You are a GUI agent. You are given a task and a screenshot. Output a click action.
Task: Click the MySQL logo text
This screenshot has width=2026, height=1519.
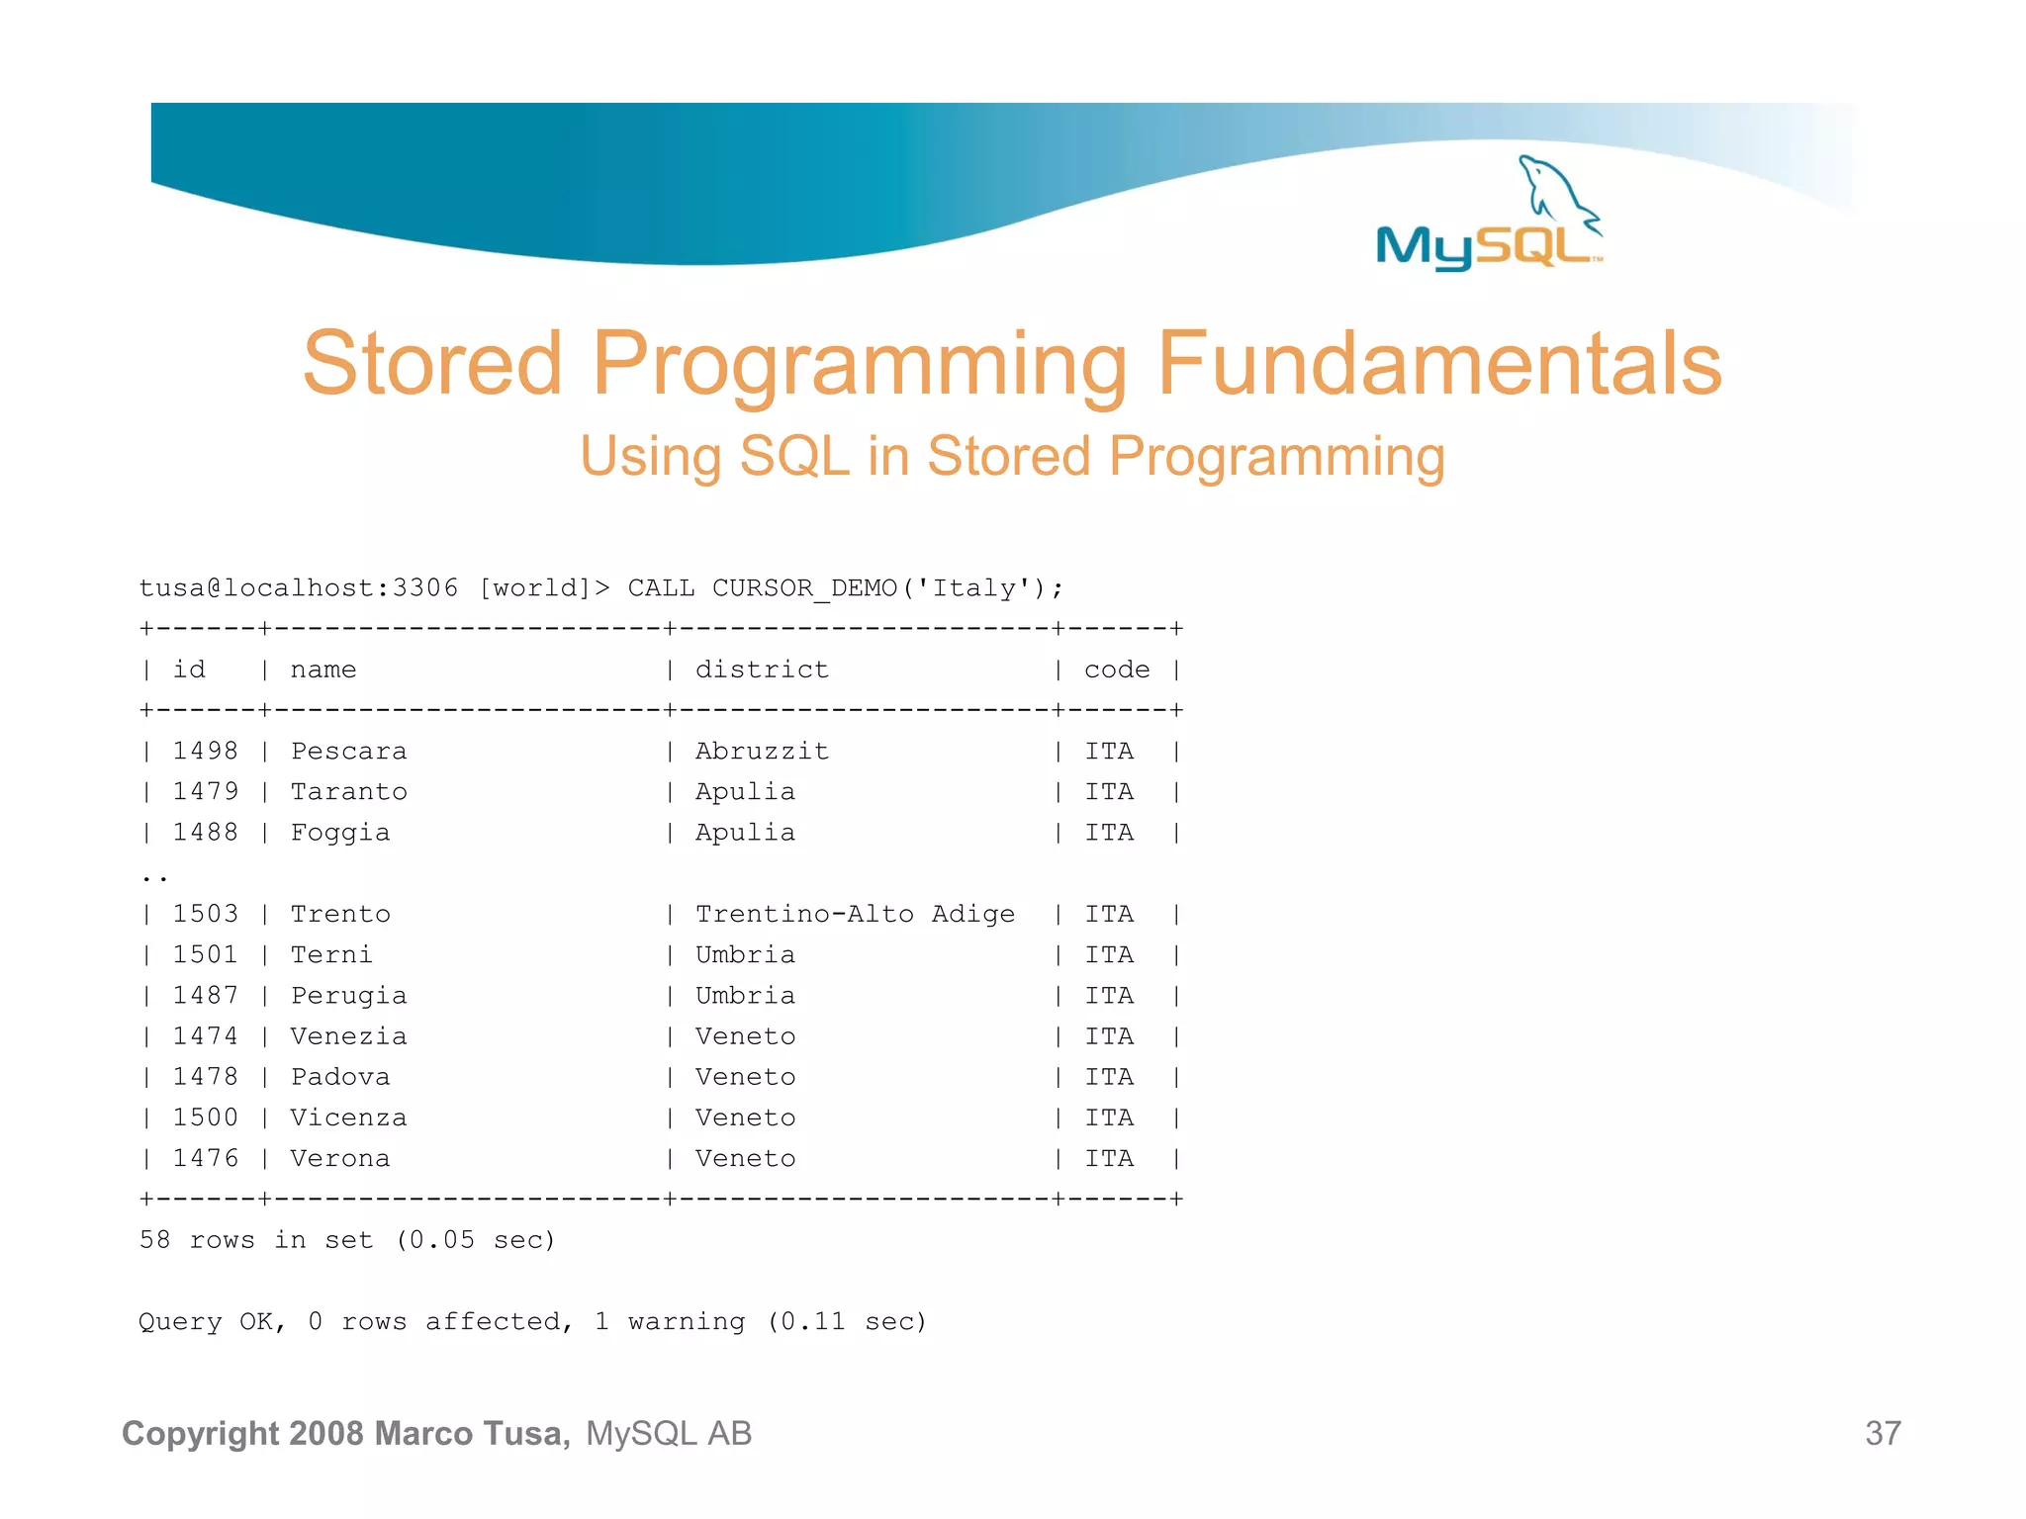point(1484,246)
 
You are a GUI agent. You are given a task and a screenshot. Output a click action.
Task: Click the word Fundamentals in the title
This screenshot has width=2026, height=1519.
point(1439,364)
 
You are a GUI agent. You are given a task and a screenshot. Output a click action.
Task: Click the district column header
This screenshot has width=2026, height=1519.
point(762,670)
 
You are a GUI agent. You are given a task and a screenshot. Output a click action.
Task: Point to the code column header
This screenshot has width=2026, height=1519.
point(1117,670)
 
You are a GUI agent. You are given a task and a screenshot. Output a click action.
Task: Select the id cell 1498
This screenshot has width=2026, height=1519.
point(206,751)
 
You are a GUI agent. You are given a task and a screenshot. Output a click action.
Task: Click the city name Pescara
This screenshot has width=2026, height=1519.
point(348,751)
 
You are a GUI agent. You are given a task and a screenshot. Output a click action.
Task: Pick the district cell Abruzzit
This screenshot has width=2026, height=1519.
point(762,751)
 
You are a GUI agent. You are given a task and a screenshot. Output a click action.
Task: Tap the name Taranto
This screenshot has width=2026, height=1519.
point(348,791)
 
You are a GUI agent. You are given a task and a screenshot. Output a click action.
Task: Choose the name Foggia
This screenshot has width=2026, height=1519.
point(340,833)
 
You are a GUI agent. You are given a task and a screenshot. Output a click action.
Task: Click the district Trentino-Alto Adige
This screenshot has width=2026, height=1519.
point(855,914)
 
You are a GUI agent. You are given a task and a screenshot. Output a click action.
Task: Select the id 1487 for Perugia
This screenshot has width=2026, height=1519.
point(206,995)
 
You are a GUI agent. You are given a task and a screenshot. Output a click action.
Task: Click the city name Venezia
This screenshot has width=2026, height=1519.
point(348,1035)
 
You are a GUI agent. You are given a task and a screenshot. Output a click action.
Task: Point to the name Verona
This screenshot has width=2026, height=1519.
point(340,1158)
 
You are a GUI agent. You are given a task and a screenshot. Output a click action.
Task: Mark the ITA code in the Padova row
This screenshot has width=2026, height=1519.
point(1109,1076)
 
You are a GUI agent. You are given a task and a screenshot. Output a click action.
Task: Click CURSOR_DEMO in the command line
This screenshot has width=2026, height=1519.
point(804,588)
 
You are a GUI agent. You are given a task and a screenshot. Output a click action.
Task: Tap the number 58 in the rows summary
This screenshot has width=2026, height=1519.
point(154,1239)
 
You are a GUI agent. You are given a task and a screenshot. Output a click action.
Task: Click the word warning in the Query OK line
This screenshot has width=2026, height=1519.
point(687,1321)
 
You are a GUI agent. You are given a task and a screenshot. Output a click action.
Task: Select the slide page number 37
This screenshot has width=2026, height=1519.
point(1883,1433)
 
